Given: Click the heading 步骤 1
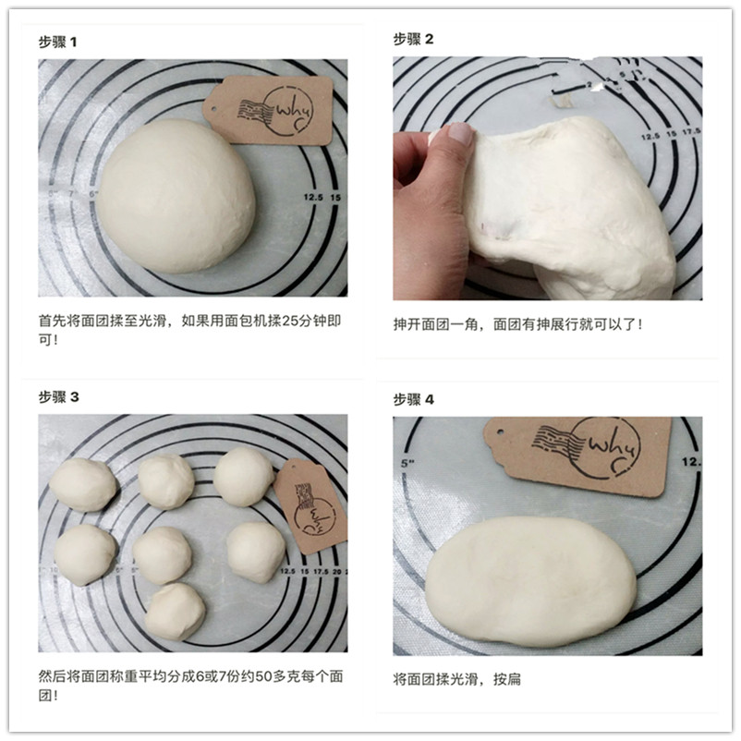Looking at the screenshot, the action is point(57,43).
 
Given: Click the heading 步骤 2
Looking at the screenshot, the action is point(413,39).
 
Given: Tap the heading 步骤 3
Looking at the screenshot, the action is point(58,397).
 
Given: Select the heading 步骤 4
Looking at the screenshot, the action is point(414,400).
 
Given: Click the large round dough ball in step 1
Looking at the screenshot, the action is point(176,196).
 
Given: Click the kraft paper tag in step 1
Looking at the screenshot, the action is point(269,110).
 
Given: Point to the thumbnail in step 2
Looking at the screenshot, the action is point(460,133).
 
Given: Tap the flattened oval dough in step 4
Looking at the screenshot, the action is point(530,581).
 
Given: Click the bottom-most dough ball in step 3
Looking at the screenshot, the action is point(175,612).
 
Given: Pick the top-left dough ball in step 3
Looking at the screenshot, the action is point(83,485).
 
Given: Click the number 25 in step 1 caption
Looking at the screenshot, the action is point(289,322).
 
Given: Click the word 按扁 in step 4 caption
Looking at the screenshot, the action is point(507,680).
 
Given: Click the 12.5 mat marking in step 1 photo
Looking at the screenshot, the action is point(313,197).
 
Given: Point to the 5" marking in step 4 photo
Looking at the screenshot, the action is point(407,463).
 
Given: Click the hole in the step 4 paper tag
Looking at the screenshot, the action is point(500,431).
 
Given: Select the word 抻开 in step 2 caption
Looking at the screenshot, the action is point(407,324).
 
